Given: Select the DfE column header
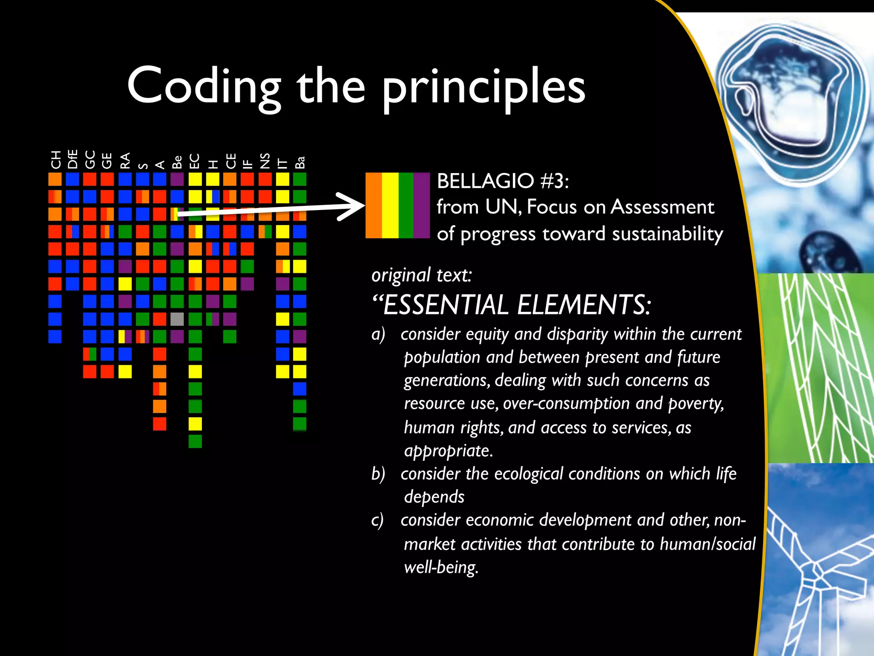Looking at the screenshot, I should (x=73, y=159).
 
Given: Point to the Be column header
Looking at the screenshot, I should (x=177, y=162).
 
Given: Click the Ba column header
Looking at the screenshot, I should (x=300, y=162).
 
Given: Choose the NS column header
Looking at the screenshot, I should (x=265, y=161).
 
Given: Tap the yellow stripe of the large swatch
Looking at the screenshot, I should (x=390, y=205).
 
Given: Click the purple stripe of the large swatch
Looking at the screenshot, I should (x=422, y=205).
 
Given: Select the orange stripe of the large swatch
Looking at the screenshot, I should (x=373, y=205).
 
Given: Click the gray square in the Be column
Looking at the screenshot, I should (x=177, y=319).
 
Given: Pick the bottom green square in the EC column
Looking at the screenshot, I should (x=195, y=441).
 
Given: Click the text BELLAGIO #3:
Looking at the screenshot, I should (x=502, y=181).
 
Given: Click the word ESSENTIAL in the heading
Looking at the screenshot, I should (x=446, y=305).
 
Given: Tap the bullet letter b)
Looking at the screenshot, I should (x=378, y=474).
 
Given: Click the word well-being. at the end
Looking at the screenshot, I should (x=441, y=567).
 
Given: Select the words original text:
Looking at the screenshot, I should (x=422, y=275).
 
